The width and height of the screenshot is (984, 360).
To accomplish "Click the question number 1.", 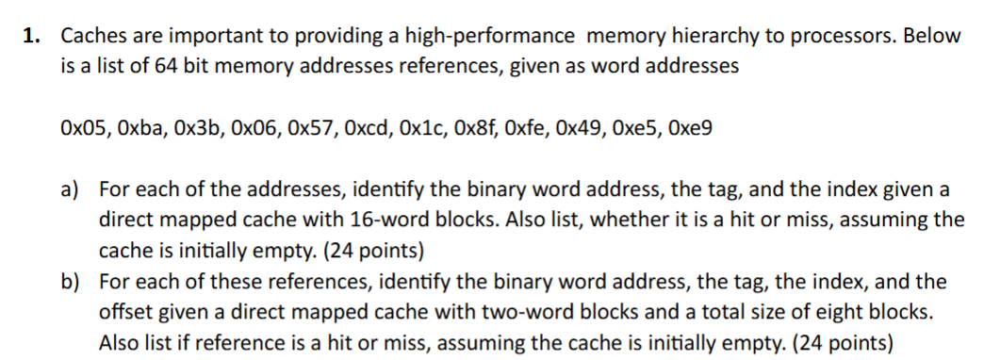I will (30, 37).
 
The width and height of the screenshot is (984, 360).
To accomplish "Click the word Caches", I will (91, 37).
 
